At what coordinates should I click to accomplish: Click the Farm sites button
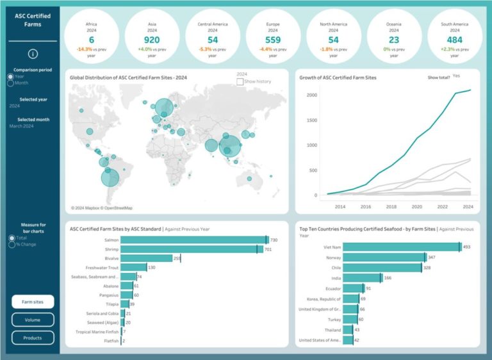click(33, 302)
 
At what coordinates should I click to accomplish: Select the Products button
click(33, 338)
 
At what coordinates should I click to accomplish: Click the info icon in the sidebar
click(33, 54)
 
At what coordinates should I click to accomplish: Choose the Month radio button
click(10, 83)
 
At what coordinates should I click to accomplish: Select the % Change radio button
click(10, 245)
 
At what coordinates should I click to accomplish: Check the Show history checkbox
click(240, 81)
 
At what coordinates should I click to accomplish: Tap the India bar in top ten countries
click(362, 278)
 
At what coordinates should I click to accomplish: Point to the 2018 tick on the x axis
click(391, 207)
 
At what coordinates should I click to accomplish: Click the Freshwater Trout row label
click(102, 267)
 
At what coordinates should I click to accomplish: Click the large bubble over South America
click(110, 177)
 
